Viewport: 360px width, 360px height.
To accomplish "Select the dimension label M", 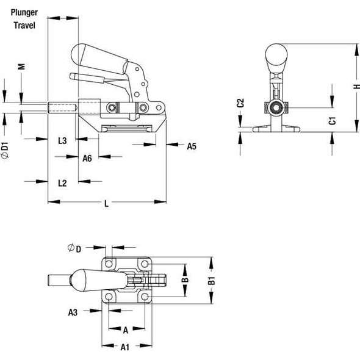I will (21, 67).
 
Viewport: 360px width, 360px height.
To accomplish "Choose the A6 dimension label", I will (87, 158).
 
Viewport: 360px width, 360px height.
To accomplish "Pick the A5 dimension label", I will (191, 146).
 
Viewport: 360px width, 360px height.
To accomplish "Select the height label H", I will (356, 87).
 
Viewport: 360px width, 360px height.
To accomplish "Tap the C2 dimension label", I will (240, 103).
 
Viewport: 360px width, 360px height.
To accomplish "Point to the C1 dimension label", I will (332, 120).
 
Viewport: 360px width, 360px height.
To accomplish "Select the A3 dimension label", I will (73, 312).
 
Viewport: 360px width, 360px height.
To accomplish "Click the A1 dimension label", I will (124, 347).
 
